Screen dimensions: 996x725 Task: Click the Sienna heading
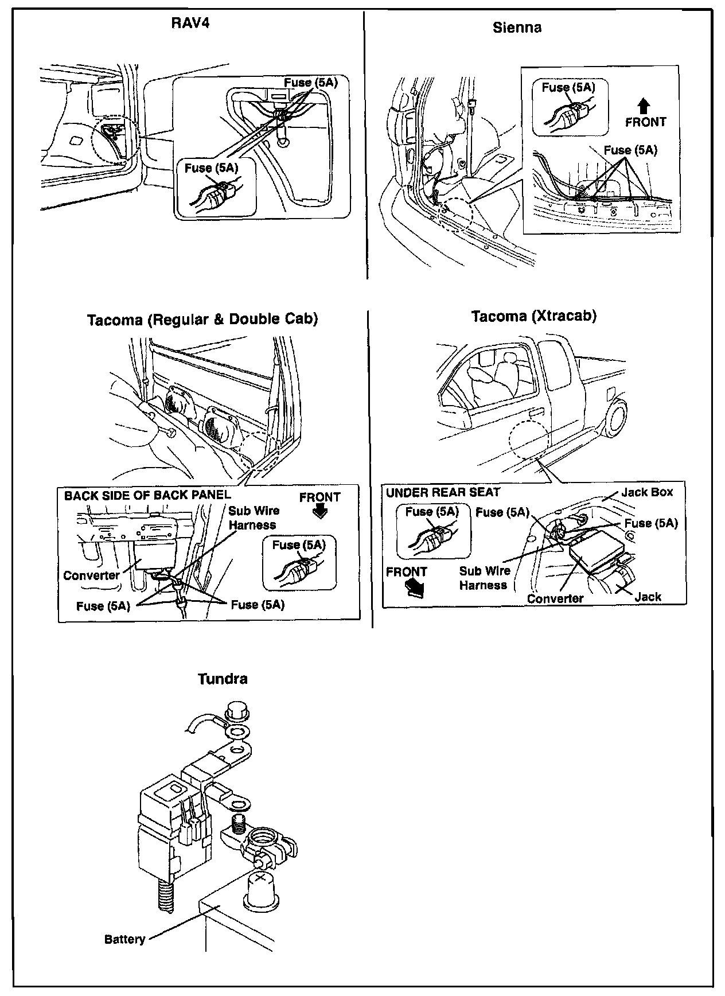pos(517,28)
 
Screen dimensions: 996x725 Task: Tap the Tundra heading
pos(223,679)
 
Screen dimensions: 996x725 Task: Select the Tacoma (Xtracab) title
pos(533,316)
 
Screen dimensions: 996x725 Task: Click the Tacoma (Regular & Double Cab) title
pos(202,319)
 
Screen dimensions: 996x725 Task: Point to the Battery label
pos(124,939)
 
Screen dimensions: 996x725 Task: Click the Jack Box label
pos(647,492)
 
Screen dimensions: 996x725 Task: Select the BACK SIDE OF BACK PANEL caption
pos(147,495)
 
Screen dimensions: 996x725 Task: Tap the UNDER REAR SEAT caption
pos(443,492)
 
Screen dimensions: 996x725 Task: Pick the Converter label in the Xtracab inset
pos(555,598)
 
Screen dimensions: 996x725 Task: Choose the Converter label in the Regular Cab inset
pos(91,575)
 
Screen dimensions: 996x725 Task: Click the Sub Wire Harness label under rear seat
pos(484,578)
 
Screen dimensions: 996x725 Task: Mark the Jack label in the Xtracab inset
pos(648,597)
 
